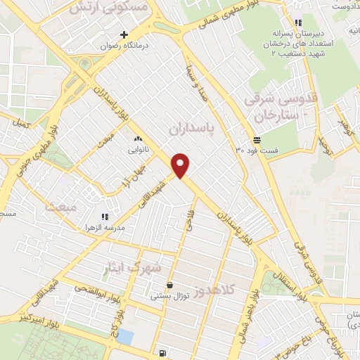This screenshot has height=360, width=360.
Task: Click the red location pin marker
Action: pos(181,165)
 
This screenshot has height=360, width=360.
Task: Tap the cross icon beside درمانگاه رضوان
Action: pos(124,34)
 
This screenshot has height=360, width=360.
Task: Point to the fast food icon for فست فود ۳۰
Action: pos(257,140)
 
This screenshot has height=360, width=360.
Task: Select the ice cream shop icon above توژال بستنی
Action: pos(169,285)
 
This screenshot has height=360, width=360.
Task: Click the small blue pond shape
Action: pos(125,336)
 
